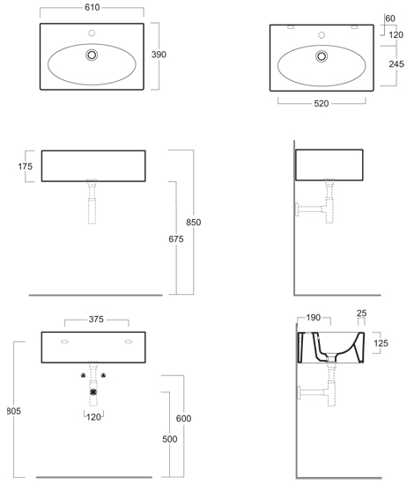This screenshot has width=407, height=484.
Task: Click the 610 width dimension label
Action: tap(92, 7)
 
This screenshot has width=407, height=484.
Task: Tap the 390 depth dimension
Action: tap(159, 55)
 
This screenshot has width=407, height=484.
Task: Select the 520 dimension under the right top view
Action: tap(321, 104)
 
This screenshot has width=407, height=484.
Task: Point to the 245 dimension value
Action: tap(396, 64)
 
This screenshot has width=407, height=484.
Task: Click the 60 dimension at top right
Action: tap(390, 18)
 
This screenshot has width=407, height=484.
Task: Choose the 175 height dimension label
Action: tap(25, 166)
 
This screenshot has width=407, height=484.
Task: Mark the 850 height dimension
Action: tap(194, 223)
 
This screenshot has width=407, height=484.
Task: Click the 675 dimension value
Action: tap(176, 238)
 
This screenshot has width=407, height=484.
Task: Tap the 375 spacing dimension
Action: tap(96, 319)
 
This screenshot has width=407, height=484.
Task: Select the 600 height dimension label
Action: tap(183, 419)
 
